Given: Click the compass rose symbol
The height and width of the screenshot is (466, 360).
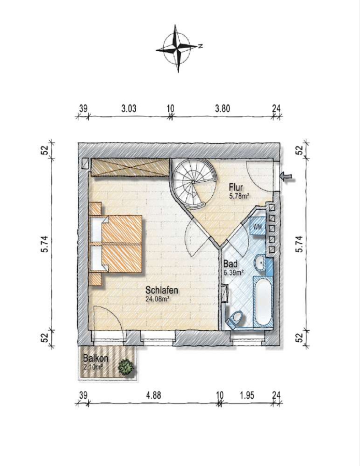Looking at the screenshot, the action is tap(178, 49).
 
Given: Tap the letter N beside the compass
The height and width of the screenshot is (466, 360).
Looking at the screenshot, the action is tap(201, 46).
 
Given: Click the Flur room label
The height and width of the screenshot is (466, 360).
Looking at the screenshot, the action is tap(236, 187).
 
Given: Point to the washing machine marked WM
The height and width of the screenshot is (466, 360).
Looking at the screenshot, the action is tap(257, 226).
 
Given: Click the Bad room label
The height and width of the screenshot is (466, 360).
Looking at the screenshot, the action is tap(230, 264).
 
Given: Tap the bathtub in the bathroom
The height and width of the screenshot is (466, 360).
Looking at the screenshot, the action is tap(263, 302).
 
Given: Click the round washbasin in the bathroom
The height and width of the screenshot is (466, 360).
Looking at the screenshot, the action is tap(261, 263).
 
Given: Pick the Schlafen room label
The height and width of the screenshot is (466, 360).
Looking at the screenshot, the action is tap(162, 290).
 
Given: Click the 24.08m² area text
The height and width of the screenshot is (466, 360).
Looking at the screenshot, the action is tap(157, 299).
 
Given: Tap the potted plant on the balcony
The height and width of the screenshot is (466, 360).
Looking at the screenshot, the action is tap(126, 367).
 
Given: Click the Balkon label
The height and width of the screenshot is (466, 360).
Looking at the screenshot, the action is tap(95, 358).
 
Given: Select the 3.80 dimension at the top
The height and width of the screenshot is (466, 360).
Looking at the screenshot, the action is tap(222, 108).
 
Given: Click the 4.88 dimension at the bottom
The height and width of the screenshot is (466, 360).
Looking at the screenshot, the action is tap(154, 395).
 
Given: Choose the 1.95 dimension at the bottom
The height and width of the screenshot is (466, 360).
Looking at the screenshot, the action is tap(247, 395).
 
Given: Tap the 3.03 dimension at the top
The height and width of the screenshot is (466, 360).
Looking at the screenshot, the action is tap(129, 108).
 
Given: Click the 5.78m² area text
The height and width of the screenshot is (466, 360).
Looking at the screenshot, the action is tap(239, 196).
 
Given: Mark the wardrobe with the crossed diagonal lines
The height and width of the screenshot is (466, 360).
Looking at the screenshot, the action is tap(130, 167).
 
